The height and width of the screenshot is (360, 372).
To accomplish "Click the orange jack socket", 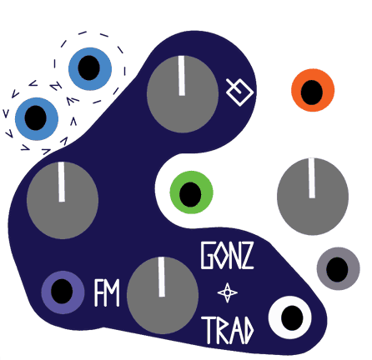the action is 313,90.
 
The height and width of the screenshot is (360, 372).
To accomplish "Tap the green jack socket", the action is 191,192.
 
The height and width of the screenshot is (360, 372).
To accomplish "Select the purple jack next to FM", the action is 63,292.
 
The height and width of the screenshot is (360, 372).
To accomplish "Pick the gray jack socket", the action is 338,268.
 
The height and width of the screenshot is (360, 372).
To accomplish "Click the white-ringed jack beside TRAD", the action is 290,317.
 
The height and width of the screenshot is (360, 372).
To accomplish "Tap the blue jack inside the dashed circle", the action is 90,68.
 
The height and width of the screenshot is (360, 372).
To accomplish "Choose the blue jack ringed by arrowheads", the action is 37,118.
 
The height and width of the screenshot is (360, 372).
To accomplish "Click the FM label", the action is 107,292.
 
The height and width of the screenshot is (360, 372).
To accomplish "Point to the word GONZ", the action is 227,255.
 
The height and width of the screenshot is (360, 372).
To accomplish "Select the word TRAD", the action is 228,330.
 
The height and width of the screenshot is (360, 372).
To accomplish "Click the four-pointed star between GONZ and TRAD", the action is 228,292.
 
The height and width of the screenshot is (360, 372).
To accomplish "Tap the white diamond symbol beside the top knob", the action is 239,92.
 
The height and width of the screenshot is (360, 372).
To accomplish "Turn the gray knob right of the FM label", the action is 163,295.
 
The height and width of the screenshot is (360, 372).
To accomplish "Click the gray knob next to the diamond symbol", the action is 183,94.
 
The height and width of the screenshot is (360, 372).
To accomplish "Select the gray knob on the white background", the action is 313,197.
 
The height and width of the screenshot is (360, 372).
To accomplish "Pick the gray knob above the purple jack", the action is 63,200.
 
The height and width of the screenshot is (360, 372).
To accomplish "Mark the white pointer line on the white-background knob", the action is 312,178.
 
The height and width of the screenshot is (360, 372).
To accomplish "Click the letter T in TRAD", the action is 209,330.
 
